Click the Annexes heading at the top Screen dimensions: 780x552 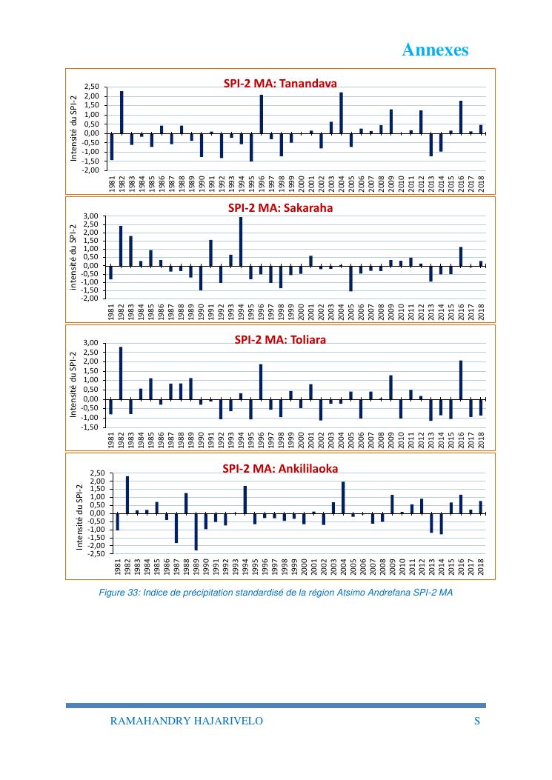click(x=435, y=50)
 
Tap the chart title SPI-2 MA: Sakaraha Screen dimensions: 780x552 click(x=280, y=208)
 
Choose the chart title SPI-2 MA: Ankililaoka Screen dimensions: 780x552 click(x=280, y=468)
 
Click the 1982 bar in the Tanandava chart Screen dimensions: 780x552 click(x=122, y=113)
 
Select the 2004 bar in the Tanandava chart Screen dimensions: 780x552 click(x=341, y=113)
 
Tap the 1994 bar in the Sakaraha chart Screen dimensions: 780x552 click(x=241, y=241)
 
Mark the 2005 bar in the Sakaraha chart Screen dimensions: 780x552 click(x=350, y=278)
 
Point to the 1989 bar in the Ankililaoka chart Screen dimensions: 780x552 click(x=196, y=531)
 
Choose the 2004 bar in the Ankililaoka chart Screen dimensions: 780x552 click(x=343, y=497)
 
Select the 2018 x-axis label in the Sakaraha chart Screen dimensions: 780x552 click(x=481, y=310)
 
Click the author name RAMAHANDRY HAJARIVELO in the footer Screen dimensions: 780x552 click(x=186, y=721)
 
